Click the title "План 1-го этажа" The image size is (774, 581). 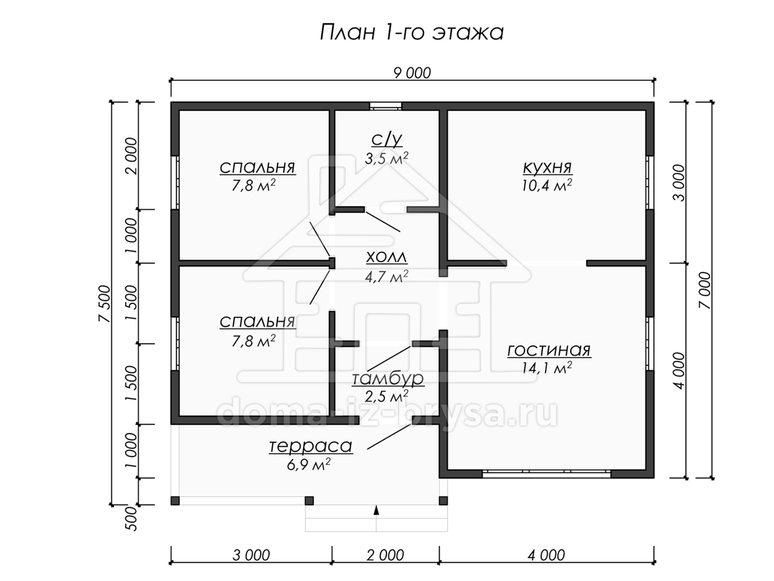pyautogui.click(x=412, y=33)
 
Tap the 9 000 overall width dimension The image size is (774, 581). pyautogui.click(x=412, y=74)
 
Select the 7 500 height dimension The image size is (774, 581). pyautogui.click(x=104, y=303)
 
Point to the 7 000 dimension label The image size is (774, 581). pyautogui.click(x=705, y=290)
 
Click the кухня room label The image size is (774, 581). pyautogui.click(x=547, y=167)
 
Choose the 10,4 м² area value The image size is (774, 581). pyautogui.click(x=547, y=185)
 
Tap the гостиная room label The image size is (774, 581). pyautogui.click(x=549, y=351)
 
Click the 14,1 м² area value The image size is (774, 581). pyautogui.click(x=547, y=368)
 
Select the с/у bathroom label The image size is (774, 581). pyautogui.click(x=387, y=139)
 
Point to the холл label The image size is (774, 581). pyautogui.click(x=386, y=258)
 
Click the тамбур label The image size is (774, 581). pyautogui.click(x=388, y=378)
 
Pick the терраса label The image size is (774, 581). pyautogui.click(x=311, y=446)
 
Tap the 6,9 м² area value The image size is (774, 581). pyautogui.click(x=309, y=464)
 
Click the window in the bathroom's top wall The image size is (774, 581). pyautogui.click(x=386, y=106)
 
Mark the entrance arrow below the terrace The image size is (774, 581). pyautogui.click(x=376, y=510)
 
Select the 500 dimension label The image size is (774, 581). pyautogui.click(x=131, y=518)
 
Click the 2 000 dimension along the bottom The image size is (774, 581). pyautogui.click(x=386, y=555)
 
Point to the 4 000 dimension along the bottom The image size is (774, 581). pyautogui.click(x=546, y=555)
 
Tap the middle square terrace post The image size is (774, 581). pyautogui.click(x=309, y=500)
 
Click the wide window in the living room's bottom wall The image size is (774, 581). pyautogui.click(x=546, y=473)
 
